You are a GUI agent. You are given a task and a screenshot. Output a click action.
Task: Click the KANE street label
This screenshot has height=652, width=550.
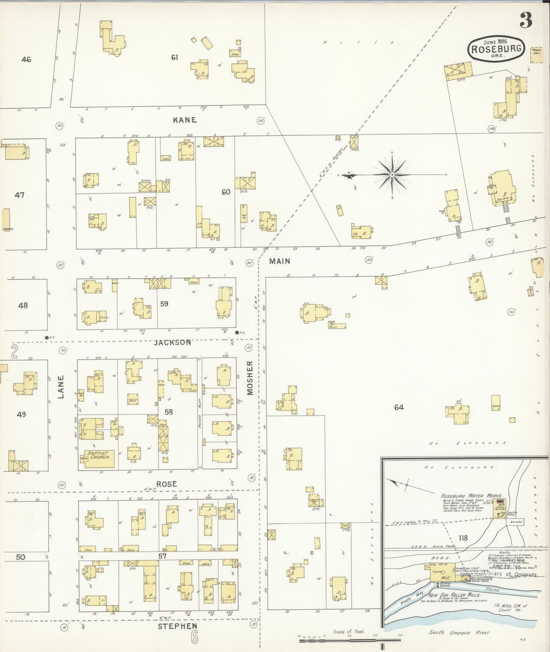pyautogui.click(x=185, y=120)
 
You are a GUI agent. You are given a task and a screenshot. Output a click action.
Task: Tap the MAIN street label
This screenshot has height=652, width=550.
pyautogui.click(x=280, y=261)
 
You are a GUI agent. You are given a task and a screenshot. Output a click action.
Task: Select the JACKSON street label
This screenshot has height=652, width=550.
pyautogui.click(x=172, y=342)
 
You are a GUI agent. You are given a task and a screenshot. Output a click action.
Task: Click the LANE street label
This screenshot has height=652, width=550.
pyautogui.click(x=61, y=387)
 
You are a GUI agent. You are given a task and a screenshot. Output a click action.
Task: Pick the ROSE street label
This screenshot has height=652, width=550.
pyautogui.click(x=167, y=484)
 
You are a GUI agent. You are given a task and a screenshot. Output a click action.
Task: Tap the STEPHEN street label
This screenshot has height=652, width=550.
pyautogui.click(x=178, y=626)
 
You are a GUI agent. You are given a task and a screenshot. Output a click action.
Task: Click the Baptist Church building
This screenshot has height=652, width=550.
pyautogui.click(x=98, y=455)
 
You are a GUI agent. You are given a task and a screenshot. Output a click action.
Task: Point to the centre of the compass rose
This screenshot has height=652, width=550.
pyautogui.click(x=392, y=175)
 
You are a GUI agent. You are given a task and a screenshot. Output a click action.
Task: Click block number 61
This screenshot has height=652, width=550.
pyautogui.click(x=175, y=57)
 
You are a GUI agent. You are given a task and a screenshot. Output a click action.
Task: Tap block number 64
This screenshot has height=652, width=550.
pyautogui.click(x=399, y=407)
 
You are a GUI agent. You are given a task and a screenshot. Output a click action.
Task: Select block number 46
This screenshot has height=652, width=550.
pyautogui.click(x=26, y=59)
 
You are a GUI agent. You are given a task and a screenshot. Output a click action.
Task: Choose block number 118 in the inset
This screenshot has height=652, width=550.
pyautogui.click(x=463, y=538)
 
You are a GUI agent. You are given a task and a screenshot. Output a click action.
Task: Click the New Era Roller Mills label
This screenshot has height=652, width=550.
pyautogui.click(x=454, y=595)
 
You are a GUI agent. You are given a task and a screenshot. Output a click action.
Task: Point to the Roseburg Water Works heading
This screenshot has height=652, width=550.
pyautogui.click(x=472, y=496)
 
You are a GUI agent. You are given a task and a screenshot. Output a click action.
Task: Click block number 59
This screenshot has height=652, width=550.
pyautogui.click(x=164, y=304)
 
